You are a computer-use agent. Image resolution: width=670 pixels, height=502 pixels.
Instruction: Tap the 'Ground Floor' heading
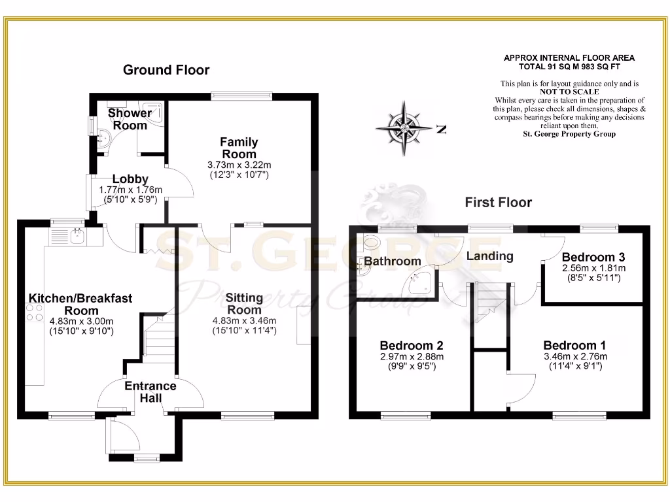pyautogui.click(x=166, y=70)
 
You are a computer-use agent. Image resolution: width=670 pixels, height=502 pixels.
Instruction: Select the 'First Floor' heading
pyautogui.click(x=498, y=202)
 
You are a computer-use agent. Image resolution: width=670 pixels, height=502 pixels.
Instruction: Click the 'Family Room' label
pyautogui.click(x=239, y=148)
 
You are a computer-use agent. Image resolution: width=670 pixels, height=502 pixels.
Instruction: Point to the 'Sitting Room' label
pyautogui.click(x=244, y=304)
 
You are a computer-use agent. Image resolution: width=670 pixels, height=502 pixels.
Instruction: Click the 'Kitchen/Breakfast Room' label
pyautogui.click(x=80, y=305)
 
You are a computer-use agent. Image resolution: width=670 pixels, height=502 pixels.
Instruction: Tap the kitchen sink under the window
pyautogui.click(x=77, y=233)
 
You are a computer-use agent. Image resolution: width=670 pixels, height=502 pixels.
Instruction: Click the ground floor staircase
pyautogui.click(x=158, y=337)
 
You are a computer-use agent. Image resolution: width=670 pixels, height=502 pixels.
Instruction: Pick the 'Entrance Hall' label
pyautogui.click(x=150, y=392)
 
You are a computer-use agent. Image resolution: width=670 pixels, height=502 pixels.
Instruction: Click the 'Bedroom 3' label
pyautogui.click(x=588, y=258)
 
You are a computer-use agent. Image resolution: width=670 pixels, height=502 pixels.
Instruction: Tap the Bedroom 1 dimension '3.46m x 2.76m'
pyautogui.click(x=575, y=357)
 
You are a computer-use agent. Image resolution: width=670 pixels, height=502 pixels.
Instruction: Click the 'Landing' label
pyautogui.click(x=489, y=256)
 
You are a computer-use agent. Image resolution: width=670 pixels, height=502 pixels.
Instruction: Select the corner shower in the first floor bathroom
pyautogui.click(x=419, y=283)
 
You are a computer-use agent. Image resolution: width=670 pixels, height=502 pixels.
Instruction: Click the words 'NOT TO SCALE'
pyautogui.click(x=569, y=92)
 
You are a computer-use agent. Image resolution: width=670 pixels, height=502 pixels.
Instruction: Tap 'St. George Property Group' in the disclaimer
pyautogui.click(x=569, y=134)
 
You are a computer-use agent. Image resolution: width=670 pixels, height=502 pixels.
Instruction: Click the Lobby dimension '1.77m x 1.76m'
pyautogui.click(x=130, y=190)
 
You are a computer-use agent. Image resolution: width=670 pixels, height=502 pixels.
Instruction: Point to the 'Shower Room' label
pyautogui.click(x=130, y=119)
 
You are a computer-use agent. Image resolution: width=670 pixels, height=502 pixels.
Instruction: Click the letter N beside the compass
pyautogui.click(x=441, y=129)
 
